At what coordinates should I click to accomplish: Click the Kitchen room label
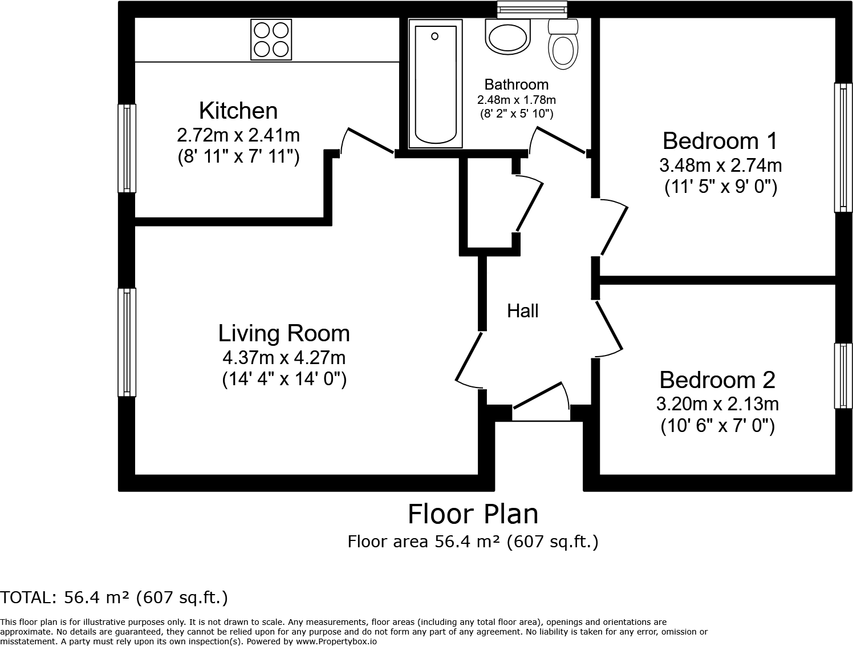pyautogui.click(x=238, y=111)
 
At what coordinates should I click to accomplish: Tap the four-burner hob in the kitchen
pyautogui.click(x=271, y=39)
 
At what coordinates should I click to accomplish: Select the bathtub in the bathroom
pyautogui.click(x=435, y=83)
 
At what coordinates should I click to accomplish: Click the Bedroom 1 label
pyautogui.click(x=720, y=140)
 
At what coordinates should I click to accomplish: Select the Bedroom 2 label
pyautogui.click(x=717, y=380)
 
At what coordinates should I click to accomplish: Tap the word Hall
pyautogui.click(x=522, y=311)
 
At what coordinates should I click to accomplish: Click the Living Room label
pyautogui.click(x=284, y=333)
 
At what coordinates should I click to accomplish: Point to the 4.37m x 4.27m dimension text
pyautogui.click(x=284, y=358)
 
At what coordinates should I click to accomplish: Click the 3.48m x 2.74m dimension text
pyautogui.click(x=720, y=165)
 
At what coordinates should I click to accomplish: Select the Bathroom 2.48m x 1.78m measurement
pyautogui.click(x=516, y=100)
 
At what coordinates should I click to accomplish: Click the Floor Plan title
pyautogui.click(x=473, y=514)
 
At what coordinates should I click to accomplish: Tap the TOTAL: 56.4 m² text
pyautogui.click(x=114, y=597)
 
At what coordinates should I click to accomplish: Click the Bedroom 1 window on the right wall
pyautogui.click(x=843, y=147)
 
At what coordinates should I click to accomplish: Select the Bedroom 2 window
pyautogui.click(x=843, y=376)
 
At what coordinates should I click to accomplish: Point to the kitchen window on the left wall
pyautogui.click(x=127, y=148)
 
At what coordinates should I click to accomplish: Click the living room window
pyautogui.click(x=127, y=342)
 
